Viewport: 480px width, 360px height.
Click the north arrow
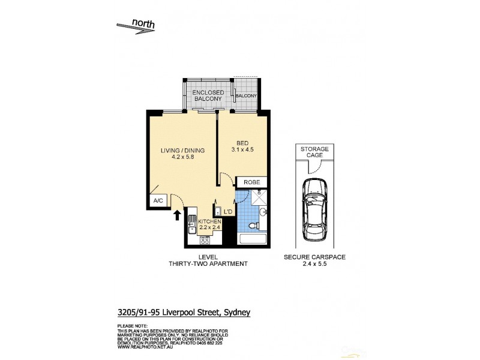[x=136, y=26]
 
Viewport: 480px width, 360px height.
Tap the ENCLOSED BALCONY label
[x=208, y=96]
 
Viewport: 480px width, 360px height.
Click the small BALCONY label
[x=246, y=96]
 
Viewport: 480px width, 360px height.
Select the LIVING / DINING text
[x=181, y=151]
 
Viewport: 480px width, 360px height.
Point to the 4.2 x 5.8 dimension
[x=181, y=158]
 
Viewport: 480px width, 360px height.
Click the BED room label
[x=242, y=143]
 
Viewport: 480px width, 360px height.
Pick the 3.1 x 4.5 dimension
[x=242, y=151]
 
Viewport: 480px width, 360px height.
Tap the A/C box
[x=158, y=201]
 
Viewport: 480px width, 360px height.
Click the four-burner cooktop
[x=204, y=241]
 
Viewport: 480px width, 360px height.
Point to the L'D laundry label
[x=227, y=212]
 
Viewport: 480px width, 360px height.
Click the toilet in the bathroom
[x=253, y=224]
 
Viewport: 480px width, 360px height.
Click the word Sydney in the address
[x=237, y=311]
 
